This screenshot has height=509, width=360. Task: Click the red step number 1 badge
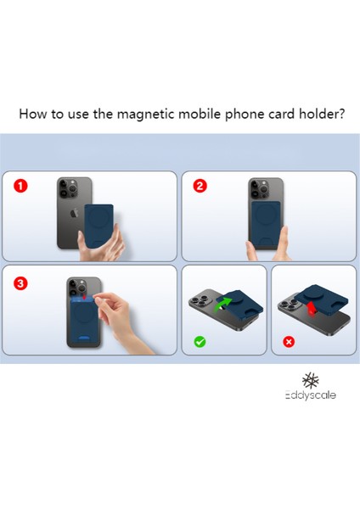point(20,186)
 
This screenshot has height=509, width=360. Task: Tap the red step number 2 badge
point(200,186)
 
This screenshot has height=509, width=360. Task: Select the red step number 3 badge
point(20,283)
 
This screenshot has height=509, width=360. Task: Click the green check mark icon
point(200,342)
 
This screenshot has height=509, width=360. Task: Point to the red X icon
point(289,342)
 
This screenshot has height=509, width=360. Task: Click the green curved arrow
point(222,305)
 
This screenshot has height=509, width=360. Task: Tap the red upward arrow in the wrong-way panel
point(312,307)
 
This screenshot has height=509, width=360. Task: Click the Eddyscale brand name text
point(310,395)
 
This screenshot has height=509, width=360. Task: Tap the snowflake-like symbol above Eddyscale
point(310,380)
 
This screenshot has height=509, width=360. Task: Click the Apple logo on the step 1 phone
point(75,213)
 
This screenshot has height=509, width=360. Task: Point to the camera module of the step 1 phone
point(69,188)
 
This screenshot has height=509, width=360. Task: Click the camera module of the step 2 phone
point(260,188)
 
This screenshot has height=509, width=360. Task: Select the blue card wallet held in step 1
point(99,227)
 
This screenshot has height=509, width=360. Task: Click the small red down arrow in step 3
point(84,297)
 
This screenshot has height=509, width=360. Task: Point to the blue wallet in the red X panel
point(322,299)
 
